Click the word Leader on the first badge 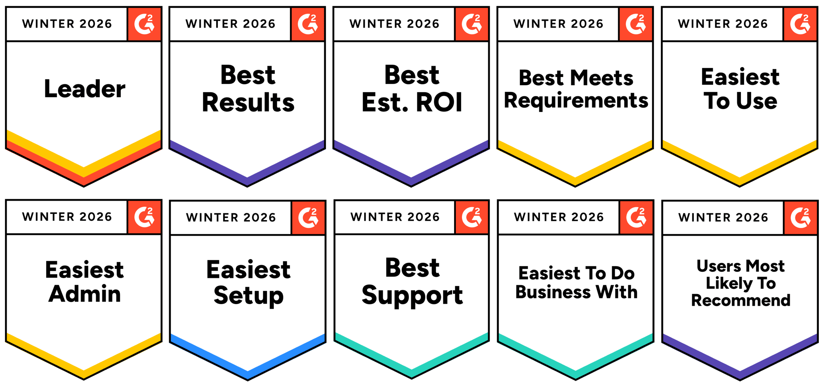[x=85, y=89]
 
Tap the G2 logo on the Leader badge [x=144, y=24]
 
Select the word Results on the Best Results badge [x=248, y=102]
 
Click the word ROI [x=439, y=102]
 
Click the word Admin [x=85, y=294]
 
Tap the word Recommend [x=741, y=300]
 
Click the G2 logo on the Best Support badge [x=472, y=217]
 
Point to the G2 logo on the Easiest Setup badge [x=308, y=218]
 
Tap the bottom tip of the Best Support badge [x=412, y=379]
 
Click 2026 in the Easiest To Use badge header [x=752, y=24]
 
